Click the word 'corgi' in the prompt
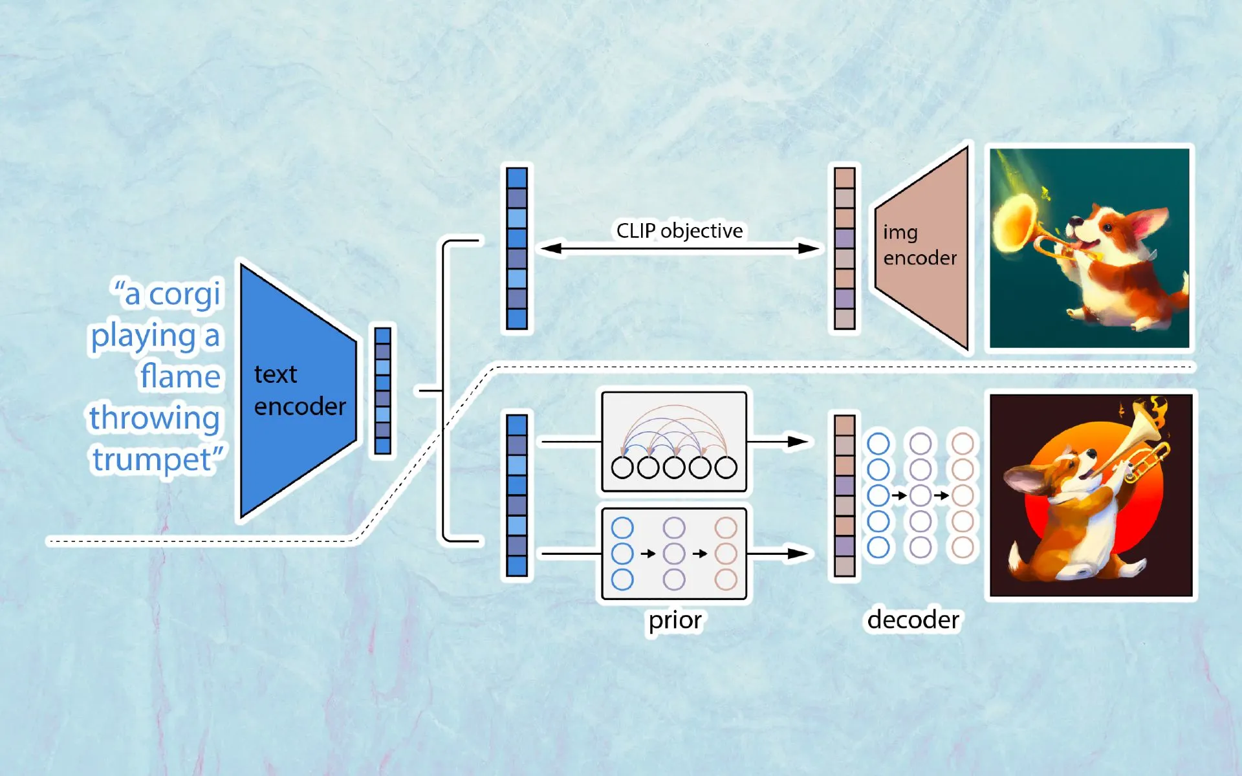click(185, 295)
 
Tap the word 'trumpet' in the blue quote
click(153, 460)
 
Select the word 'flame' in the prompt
click(180, 376)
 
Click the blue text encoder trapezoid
click(294, 391)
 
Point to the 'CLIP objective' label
click(679, 231)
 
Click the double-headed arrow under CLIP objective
click(679, 248)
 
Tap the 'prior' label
click(675, 620)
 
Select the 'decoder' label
click(913, 620)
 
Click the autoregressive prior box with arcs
click(674, 441)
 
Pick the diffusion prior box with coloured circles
click(674, 554)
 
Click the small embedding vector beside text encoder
click(383, 391)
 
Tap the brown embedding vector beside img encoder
click(845, 248)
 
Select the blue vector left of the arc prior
click(517, 495)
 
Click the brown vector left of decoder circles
click(845, 495)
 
